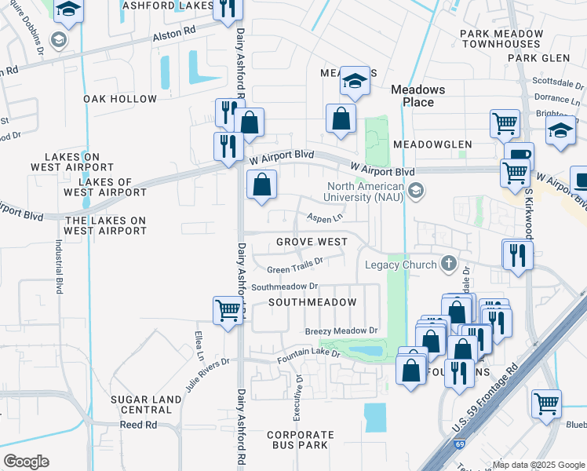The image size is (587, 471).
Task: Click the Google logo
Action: pos(26,462)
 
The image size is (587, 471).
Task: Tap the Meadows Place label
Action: pos(417,96)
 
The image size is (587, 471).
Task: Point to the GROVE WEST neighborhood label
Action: pos(312,242)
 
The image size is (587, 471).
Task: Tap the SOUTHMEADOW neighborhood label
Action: pos(312,302)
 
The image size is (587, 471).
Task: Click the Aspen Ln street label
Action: pos(325,218)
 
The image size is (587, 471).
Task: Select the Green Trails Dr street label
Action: pos(295,265)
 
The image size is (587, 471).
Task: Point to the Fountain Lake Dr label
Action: pos(308,356)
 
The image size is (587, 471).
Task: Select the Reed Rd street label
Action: pos(138,425)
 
